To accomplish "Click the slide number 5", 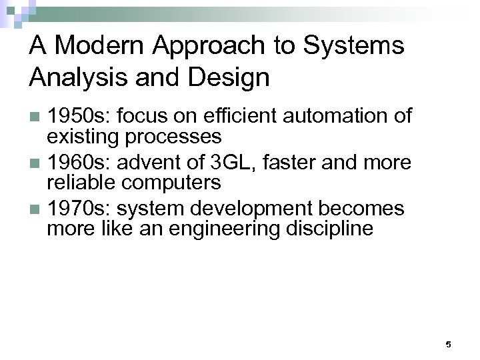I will pyautogui.click(x=448, y=344).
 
